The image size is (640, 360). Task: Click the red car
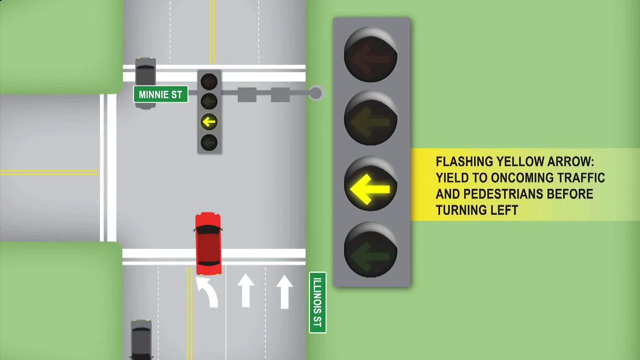pyautogui.click(x=208, y=243)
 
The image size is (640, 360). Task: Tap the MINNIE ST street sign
pyautogui.click(x=160, y=94)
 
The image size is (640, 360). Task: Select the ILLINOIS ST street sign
pyautogui.click(x=317, y=302)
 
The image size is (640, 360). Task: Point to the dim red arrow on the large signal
pyautogui.click(x=370, y=59)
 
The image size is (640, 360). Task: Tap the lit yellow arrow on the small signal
pyautogui.click(x=209, y=122)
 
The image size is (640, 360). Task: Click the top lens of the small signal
pyautogui.click(x=209, y=81)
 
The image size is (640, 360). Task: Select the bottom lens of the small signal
pyautogui.click(x=209, y=142)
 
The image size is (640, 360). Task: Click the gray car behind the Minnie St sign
pyautogui.click(x=145, y=83)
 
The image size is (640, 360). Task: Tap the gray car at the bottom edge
pyautogui.click(x=141, y=340)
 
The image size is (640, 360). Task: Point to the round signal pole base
pyautogui.click(x=315, y=93)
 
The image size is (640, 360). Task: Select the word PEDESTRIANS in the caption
pyautogui.click(x=503, y=194)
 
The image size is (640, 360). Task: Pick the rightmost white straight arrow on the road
pyautogui.click(x=284, y=291)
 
